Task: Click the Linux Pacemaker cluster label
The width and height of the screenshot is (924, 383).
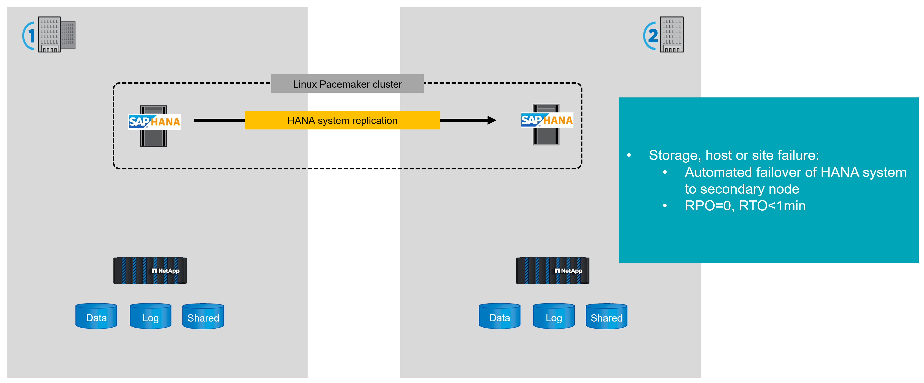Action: click(x=347, y=84)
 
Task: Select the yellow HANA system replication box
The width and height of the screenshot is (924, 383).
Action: click(x=342, y=120)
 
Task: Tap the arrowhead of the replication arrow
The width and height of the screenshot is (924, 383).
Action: click(x=492, y=120)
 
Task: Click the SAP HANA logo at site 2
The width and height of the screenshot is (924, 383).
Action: click(x=547, y=120)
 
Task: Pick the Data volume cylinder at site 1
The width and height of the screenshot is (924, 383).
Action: click(x=96, y=316)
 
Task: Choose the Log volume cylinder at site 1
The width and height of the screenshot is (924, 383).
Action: click(x=150, y=316)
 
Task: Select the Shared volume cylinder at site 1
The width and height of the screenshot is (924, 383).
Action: click(x=203, y=316)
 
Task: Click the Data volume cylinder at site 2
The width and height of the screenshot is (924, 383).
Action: click(x=499, y=316)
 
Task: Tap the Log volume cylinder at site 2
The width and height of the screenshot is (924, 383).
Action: click(x=553, y=316)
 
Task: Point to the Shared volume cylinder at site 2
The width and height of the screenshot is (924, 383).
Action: click(x=606, y=316)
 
